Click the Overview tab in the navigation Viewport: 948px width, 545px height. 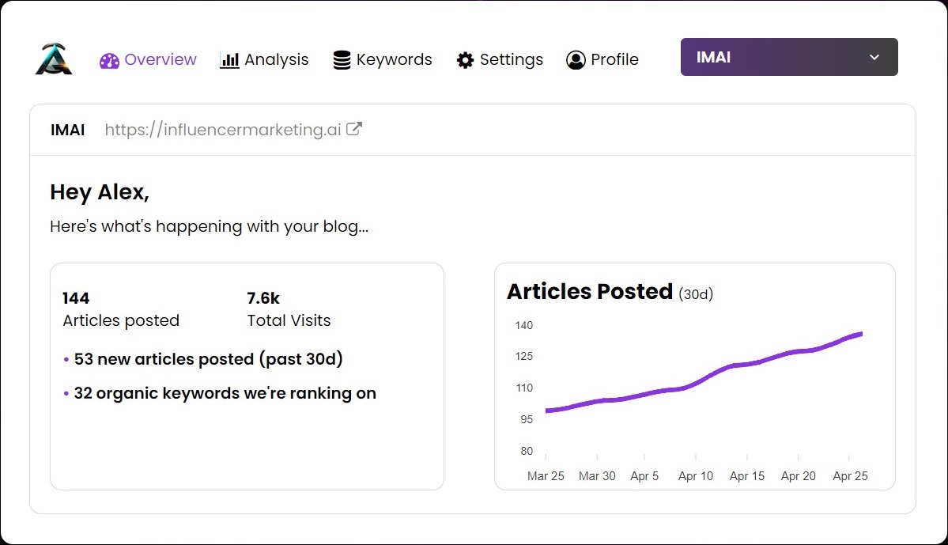pyautogui.click(x=149, y=60)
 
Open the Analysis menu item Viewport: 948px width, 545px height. pyautogui.click(x=264, y=60)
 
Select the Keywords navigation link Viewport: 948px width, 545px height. pyautogui.click(x=383, y=60)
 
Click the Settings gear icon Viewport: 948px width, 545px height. pyautogui.click(x=466, y=60)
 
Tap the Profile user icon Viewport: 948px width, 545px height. pyautogui.click(x=576, y=60)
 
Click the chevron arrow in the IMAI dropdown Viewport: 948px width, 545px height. pyautogui.click(x=874, y=57)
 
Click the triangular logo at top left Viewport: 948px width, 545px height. pyautogui.click(x=54, y=59)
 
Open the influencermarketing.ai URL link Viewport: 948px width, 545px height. pyautogui.click(x=223, y=130)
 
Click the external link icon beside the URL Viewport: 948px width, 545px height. pyautogui.click(x=355, y=129)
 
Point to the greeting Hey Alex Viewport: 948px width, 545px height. pyautogui.click(x=100, y=192)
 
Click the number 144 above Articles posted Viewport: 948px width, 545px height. pyautogui.click(x=76, y=298)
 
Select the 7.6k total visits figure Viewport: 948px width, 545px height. pyautogui.click(x=263, y=298)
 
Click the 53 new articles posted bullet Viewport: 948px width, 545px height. pyautogui.click(x=208, y=359)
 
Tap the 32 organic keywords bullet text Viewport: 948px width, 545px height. pyautogui.click(x=225, y=393)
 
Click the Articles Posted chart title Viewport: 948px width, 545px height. pyautogui.click(x=590, y=292)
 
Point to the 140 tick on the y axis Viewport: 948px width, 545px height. pyautogui.click(x=523, y=325)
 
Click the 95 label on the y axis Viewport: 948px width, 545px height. pyautogui.click(x=526, y=419)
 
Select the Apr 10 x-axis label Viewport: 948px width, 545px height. pyautogui.click(x=696, y=476)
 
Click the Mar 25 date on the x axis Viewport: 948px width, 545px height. pyautogui.click(x=546, y=476)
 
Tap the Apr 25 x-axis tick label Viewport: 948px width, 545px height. pyautogui.click(x=850, y=476)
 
